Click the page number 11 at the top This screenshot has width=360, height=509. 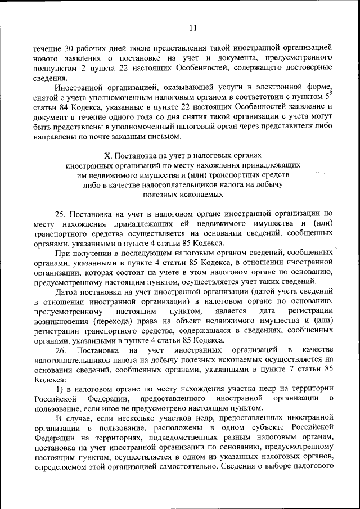click(193, 28)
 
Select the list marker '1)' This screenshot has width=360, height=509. click(59, 389)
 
